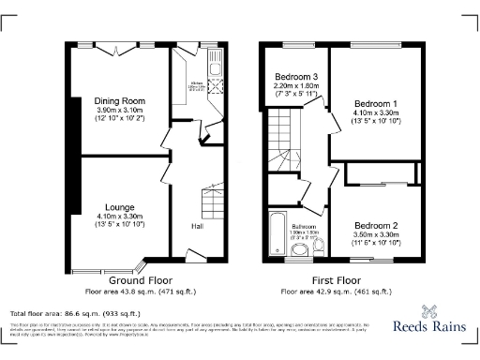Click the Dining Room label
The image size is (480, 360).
click(119, 100)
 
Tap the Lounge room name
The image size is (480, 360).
click(119, 206)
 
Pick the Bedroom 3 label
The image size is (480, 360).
click(295, 76)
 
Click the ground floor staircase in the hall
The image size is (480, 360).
click(215, 202)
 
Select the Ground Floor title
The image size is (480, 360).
click(139, 279)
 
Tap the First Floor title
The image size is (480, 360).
click(337, 279)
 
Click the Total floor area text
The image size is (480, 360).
click(75, 313)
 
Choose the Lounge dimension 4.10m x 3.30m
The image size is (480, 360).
click(119, 217)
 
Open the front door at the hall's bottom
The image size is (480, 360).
click(197, 256)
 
